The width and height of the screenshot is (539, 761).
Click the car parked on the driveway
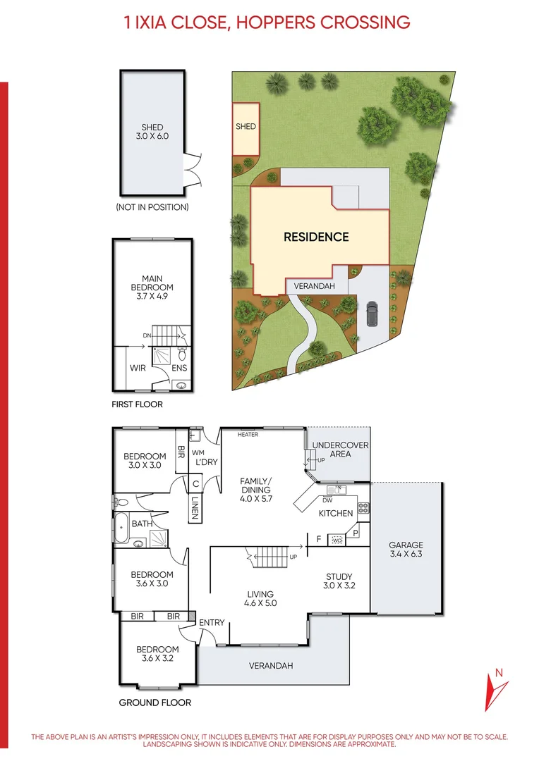[x=372, y=314]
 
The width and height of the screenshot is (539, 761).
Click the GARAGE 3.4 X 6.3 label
[x=406, y=550]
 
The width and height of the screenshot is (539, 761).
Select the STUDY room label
[x=339, y=581]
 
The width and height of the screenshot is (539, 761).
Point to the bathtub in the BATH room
[x=123, y=529]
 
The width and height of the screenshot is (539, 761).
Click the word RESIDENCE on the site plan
[x=316, y=237]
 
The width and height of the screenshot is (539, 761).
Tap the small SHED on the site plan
[x=246, y=128]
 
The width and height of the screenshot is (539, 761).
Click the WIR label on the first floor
[x=138, y=368]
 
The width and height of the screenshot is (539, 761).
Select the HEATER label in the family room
[x=248, y=435]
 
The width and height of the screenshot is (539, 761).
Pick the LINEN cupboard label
[x=195, y=507]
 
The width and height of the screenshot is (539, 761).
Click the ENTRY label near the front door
[x=212, y=622]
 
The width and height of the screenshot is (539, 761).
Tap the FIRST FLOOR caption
[x=137, y=404]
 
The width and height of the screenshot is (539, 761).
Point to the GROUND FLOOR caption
[x=155, y=703]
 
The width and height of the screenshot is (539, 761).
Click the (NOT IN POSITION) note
[x=152, y=207]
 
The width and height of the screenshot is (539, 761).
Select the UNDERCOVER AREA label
[x=340, y=450]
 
